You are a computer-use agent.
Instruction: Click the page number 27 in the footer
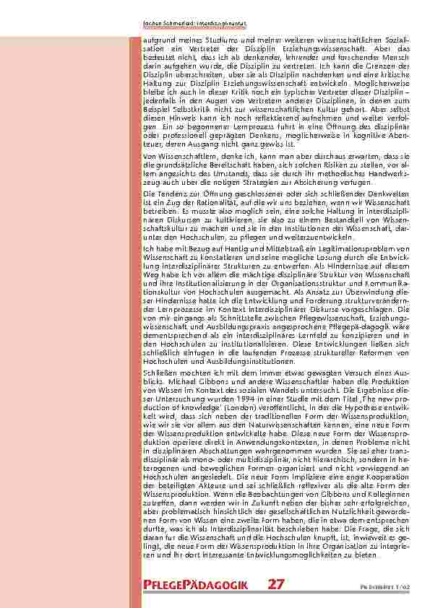(277, 585)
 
